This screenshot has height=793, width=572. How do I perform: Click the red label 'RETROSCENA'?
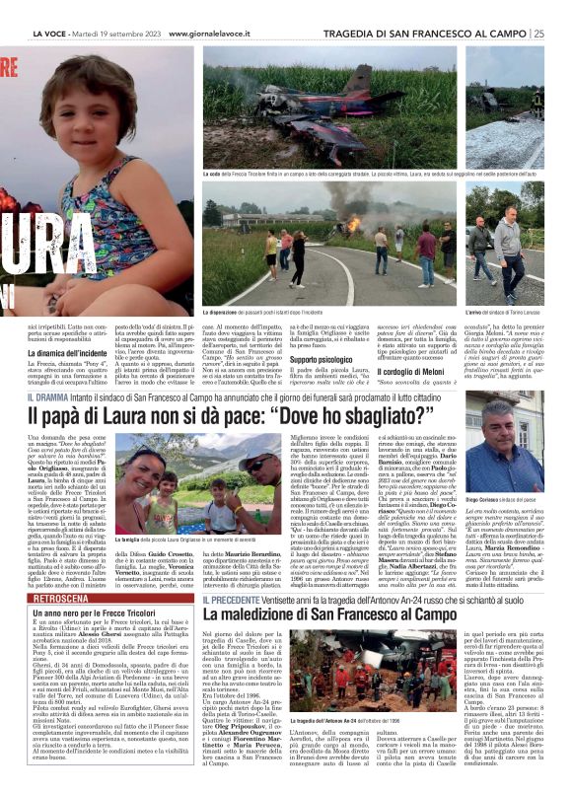coord(64,599)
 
